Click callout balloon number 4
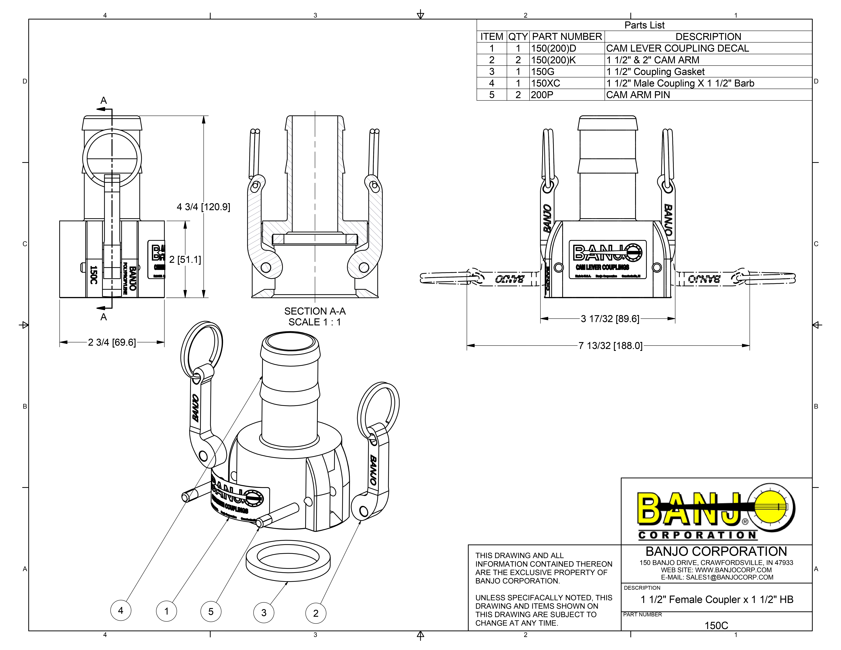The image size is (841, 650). click(121, 610)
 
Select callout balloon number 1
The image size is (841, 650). click(166, 611)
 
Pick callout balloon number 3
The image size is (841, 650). click(264, 613)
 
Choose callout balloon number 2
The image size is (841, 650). click(316, 613)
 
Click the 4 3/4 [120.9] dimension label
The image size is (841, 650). click(203, 207)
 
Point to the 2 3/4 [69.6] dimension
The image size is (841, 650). click(112, 342)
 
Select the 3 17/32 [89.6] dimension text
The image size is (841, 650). click(610, 319)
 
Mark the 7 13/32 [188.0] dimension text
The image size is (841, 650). click(610, 346)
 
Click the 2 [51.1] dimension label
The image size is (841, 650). click(185, 259)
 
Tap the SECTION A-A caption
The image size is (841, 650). click(315, 311)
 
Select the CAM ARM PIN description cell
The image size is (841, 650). click(638, 95)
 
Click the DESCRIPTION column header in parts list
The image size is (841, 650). click(708, 37)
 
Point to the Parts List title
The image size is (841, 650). click(644, 25)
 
